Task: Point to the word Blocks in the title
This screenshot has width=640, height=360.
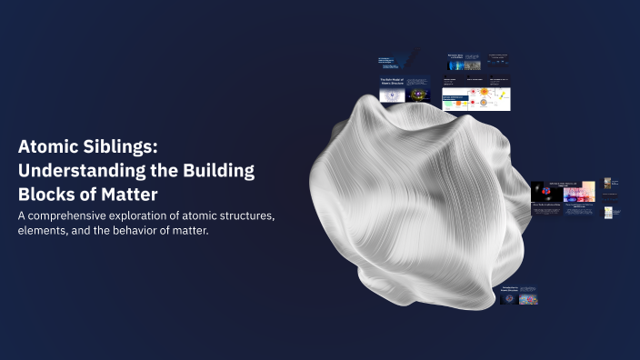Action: [x=46, y=194]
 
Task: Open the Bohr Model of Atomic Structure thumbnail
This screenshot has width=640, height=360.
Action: [x=391, y=87]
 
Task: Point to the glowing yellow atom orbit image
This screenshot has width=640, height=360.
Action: [x=420, y=93]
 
